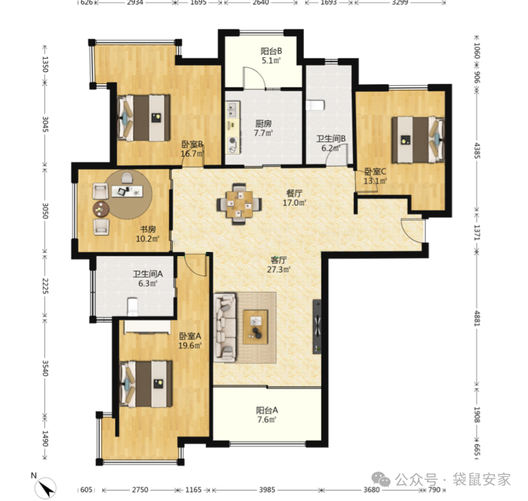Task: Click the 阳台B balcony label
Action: coord(271,52)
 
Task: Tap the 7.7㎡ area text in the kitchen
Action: coord(264,133)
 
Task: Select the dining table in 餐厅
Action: coord(239,204)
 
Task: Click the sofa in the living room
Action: coord(225,327)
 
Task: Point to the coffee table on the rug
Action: coord(256,327)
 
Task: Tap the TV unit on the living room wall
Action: coord(317,327)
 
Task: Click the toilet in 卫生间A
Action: coord(133,306)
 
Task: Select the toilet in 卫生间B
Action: coord(315,105)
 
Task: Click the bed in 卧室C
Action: coord(418,140)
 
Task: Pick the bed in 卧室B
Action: coord(144,118)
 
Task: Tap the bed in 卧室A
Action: coord(146,384)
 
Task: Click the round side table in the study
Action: coord(101,209)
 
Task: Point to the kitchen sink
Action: coord(233,109)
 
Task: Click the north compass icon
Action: coord(45,488)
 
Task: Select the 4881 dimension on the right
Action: coord(477,318)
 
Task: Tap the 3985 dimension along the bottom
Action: coord(267,490)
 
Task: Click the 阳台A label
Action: coord(267,410)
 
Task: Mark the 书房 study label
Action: coord(148,229)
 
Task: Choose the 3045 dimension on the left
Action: coord(45,124)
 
